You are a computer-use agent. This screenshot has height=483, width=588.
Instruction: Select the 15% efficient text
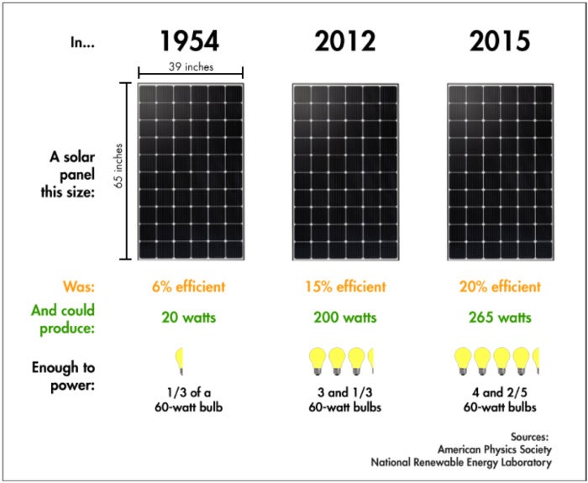coord(346,286)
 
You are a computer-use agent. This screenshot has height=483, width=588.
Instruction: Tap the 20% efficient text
coord(501,286)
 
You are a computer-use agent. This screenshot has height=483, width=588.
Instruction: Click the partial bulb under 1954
coord(179,361)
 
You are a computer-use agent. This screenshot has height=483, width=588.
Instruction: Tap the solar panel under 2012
coord(346,172)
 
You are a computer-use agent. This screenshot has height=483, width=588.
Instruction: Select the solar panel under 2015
coord(501,172)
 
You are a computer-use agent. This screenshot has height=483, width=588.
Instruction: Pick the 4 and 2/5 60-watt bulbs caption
coord(501,399)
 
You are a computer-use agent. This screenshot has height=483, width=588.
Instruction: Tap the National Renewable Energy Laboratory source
coord(461,461)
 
